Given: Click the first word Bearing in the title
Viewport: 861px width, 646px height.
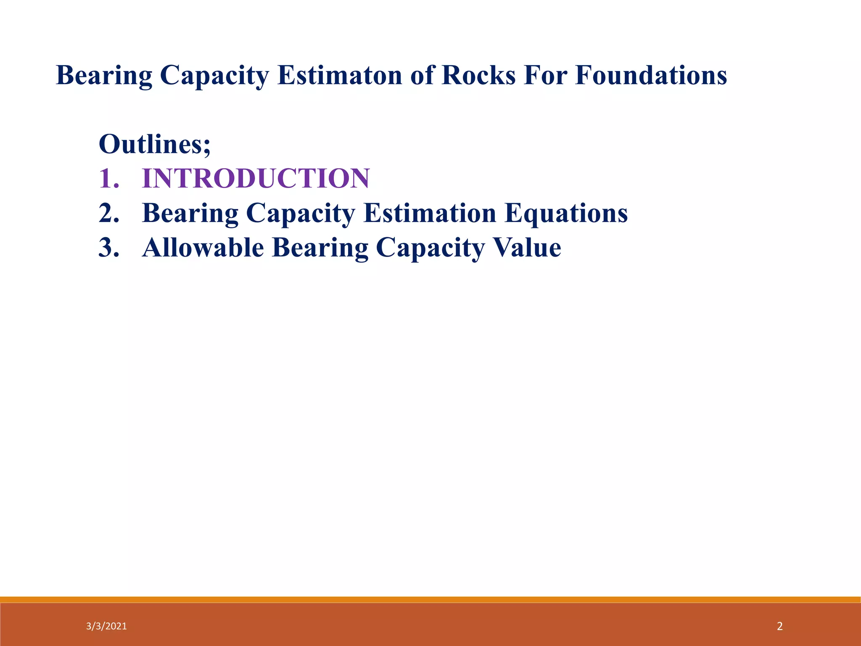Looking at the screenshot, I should tap(104, 77).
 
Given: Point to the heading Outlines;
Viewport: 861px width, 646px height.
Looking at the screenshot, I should tap(154, 144).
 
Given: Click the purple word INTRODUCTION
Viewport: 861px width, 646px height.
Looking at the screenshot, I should tap(256, 178).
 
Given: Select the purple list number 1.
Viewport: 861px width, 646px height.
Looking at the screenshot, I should tap(108, 178).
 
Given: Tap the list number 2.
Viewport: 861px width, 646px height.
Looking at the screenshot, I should tap(108, 213).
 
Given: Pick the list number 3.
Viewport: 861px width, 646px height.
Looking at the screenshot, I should tap(108, 247).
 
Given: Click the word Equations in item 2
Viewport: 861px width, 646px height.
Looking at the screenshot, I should tap(566, 214).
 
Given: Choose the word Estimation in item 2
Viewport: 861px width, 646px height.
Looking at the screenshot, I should tap(430, 213).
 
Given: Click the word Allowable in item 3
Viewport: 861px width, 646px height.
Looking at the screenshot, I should tap(203, 247).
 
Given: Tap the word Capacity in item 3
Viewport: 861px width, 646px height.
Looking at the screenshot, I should tap(430, 248).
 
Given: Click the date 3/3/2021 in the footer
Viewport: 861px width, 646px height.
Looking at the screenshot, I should tap(106, 626).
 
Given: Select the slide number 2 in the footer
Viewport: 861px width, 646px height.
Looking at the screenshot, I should tap(779, 626).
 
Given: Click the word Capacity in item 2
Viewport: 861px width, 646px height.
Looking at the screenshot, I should tap(300, 214).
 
